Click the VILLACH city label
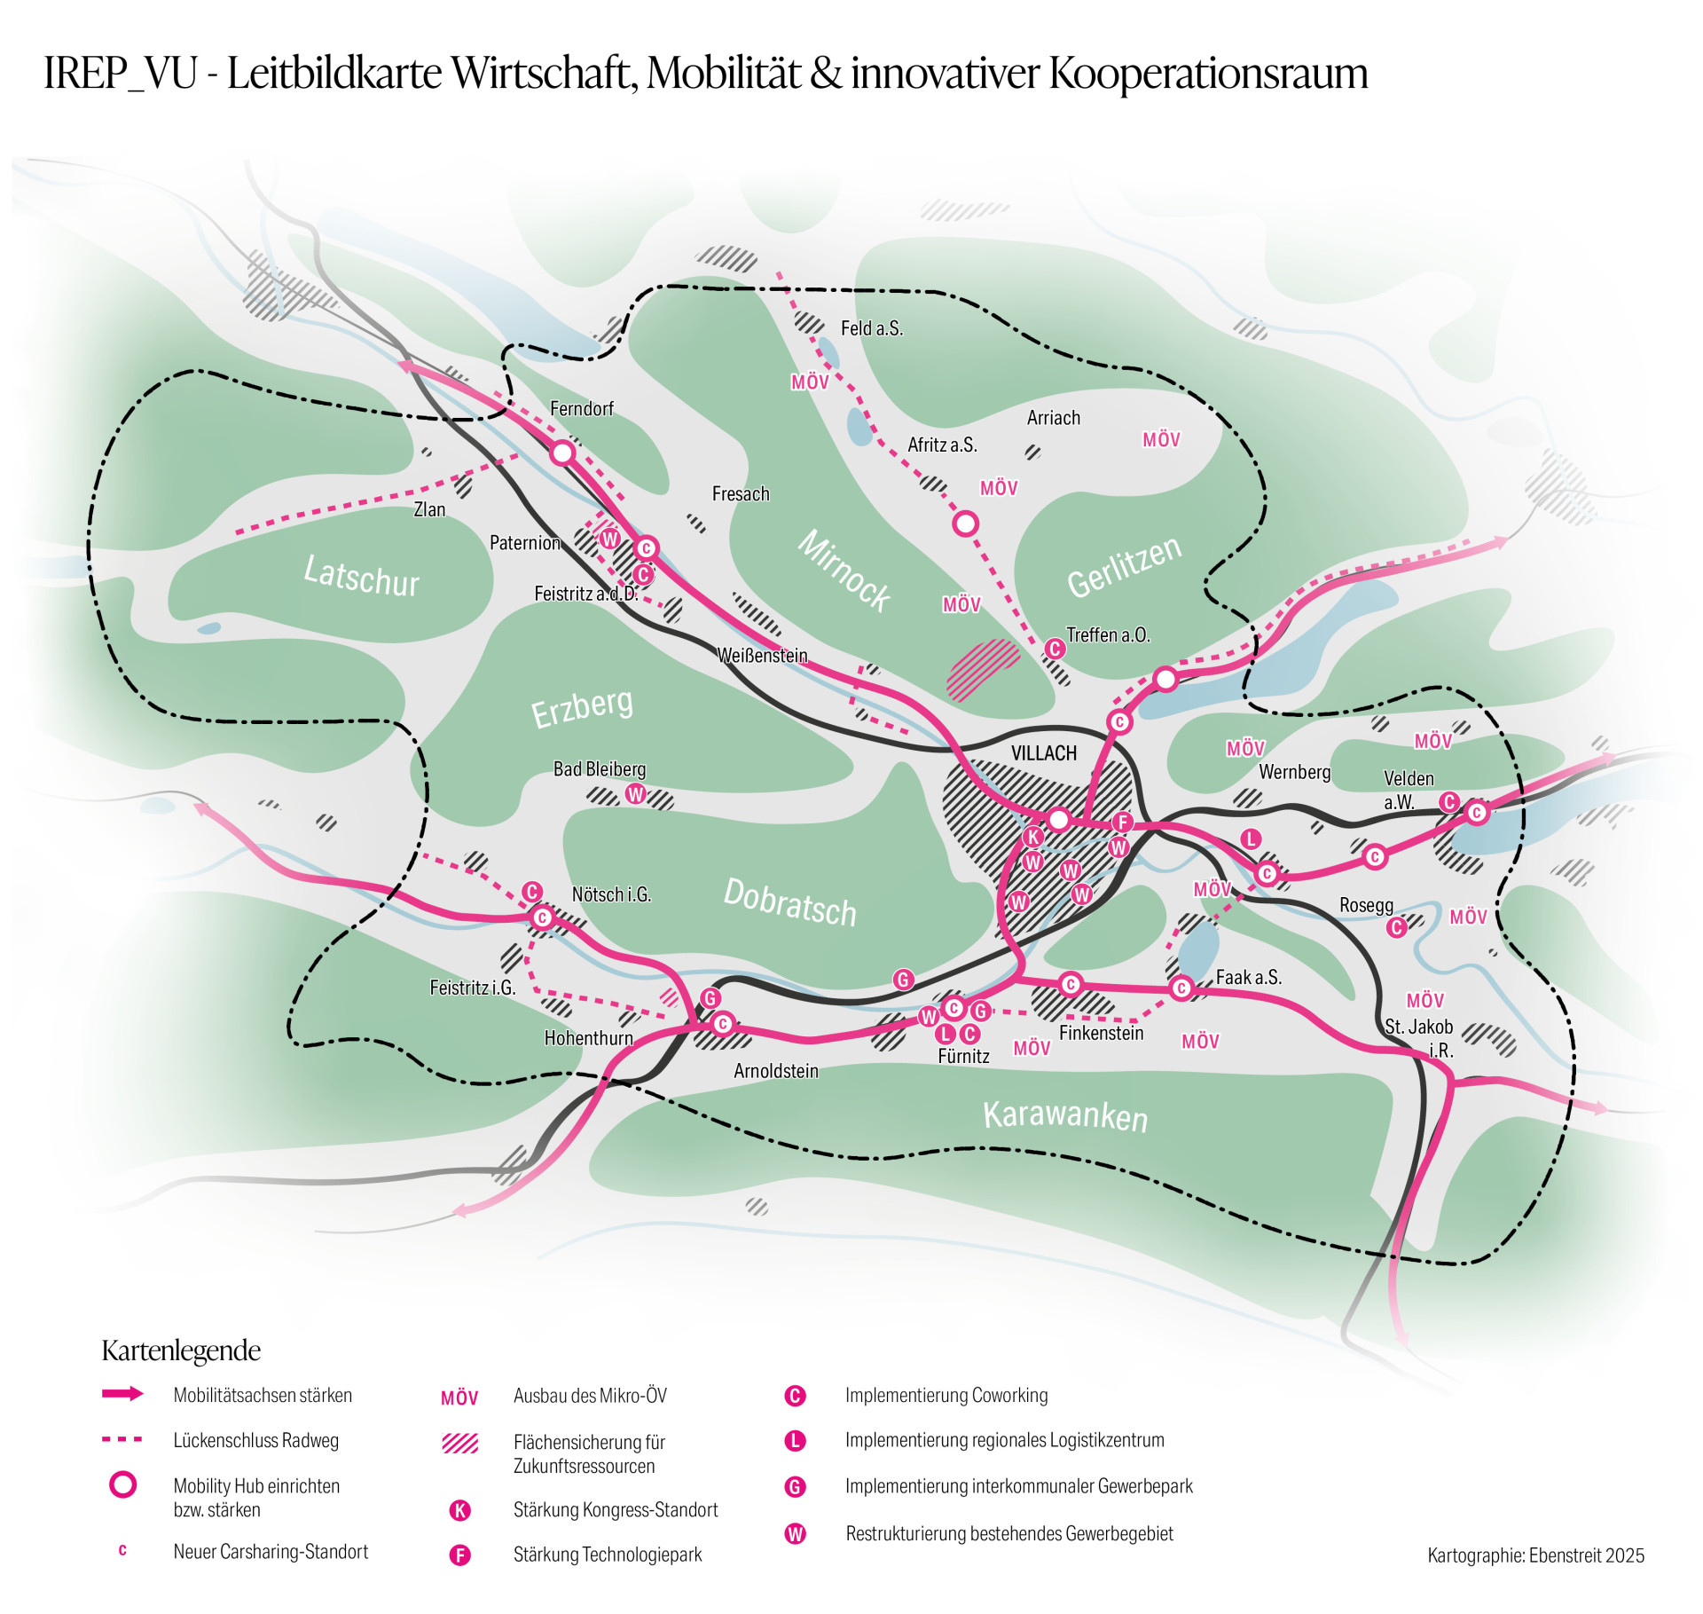pyautogui.click(x=1043, y=753)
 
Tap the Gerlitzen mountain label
pyautogui.click(x=1124, y=567)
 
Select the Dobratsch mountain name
pyautogui.click(x=789, y=901)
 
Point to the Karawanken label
pyautogui.click(x=1064, y=1114)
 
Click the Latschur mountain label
pyautogui.click(x=361, y=575)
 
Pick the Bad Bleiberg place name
pyautogui.click(x=600, y=769)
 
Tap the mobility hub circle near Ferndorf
pyautogui.click(x=562, y=453)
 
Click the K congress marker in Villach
pyautogui.click(x=1032, y=837)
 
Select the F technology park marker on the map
pyautogui.click(x=1123, y=823)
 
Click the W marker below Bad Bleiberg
pyautogui.click(x=635, y=794)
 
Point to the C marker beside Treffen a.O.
pyautogui.click(x=1054, y=649)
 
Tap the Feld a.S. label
pyautogui.click(x=872, y=328)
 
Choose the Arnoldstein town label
pyautogui.click(x=776, y=1071)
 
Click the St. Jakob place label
pyautogui.click(x=1419, y=1027)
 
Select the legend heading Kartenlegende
pyautogui.click(x=181, y=1350)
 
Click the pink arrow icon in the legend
pyautogui.click(x=122, y=1394)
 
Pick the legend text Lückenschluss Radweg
pyautogui.click(x=256, y=1440)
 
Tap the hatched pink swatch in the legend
pyautogui.click(x=459, y=1444)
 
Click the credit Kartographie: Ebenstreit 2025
pyautogui.click(x=1535, y=1555)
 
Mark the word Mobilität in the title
pyautogui.click(x=724, y=74)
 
